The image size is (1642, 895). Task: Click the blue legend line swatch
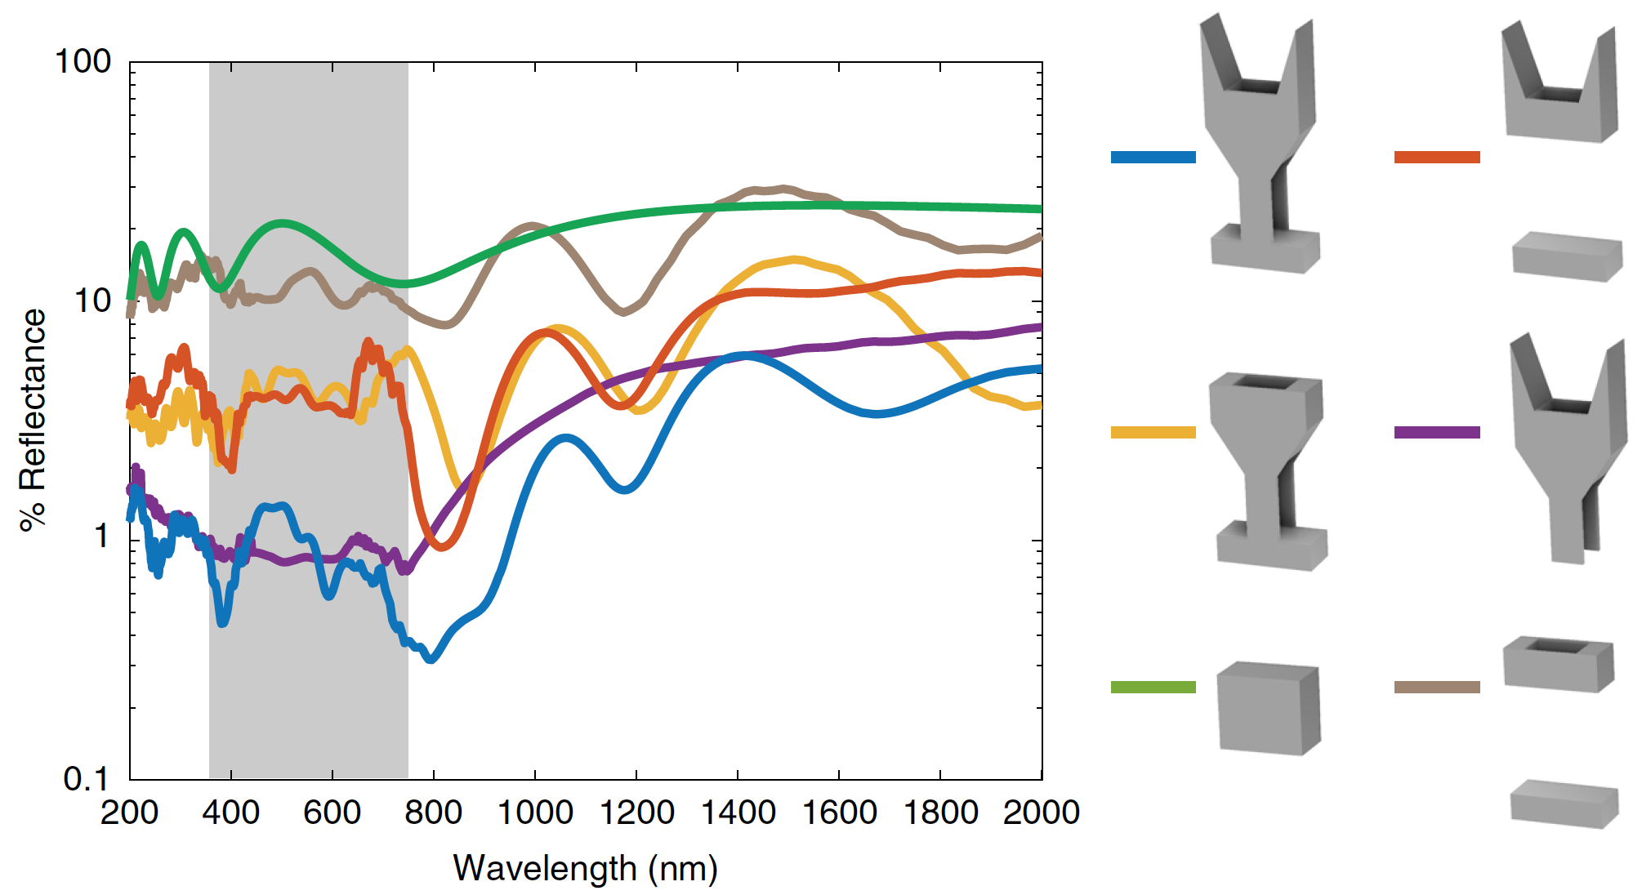tap(1153, 157)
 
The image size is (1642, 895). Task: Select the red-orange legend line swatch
tap(1437, 157)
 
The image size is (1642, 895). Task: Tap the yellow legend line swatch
tap(1153, 432)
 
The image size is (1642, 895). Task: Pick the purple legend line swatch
tap(1437, 432)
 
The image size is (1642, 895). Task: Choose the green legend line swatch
tap(1153, 687)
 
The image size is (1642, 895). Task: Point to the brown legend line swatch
tap(1437, 687)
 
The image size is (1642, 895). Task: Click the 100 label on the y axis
tap(83, 61)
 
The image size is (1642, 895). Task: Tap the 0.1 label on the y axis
tap(86, 779)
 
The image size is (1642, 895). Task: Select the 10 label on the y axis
tap(91, 301)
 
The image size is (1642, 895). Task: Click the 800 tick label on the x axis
tap(433, 813)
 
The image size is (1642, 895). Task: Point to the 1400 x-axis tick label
tap(738, 813)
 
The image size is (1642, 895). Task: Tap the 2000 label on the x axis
tap(1041, 813)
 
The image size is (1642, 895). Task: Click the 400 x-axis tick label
tap(231, 813)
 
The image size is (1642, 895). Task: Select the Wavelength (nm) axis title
tap(585, 868)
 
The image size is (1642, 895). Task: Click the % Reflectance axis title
tap(33, 420)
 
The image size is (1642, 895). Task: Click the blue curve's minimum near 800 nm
tap(431, 657)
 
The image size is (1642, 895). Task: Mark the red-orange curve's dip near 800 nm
tap(441, 545)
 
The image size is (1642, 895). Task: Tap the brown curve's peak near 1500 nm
tap(783, 189)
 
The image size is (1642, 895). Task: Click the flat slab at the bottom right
tap(1564, 804)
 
